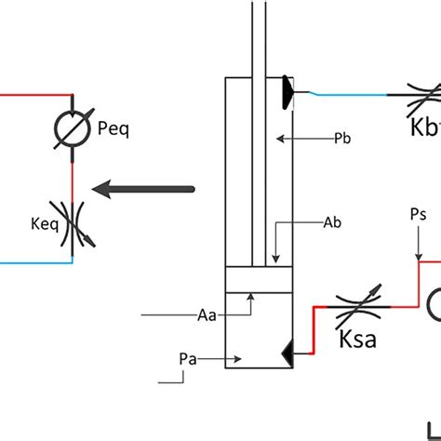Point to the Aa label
click(207, 315)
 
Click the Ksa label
click(356, 336)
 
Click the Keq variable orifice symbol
click(72, 224)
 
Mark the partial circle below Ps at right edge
click(434, 304)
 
